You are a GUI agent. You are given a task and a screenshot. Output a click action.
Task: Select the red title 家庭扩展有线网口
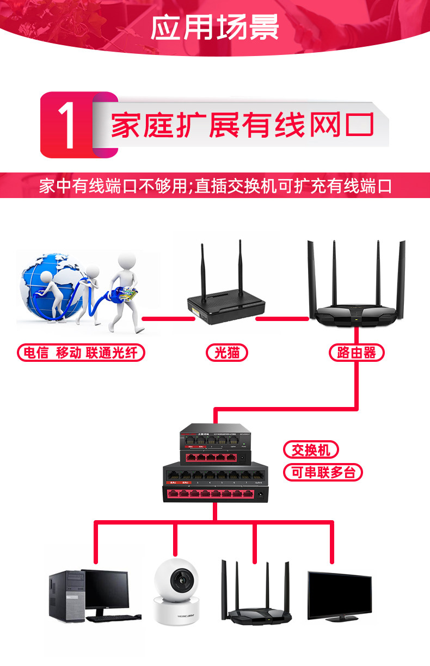(242, 125)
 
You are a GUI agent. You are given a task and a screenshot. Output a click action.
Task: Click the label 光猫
(226, 353)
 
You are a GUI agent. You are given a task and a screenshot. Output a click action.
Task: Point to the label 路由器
(357, 353)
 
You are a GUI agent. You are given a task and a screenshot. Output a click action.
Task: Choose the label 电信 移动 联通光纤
(82, 353)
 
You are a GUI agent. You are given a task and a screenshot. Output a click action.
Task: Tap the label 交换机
(311, 450)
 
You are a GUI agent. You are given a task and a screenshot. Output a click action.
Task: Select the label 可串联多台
(323, 472)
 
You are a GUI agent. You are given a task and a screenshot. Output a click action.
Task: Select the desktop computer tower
(66, 596)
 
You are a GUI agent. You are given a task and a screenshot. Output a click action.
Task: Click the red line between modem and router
(282, 318)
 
